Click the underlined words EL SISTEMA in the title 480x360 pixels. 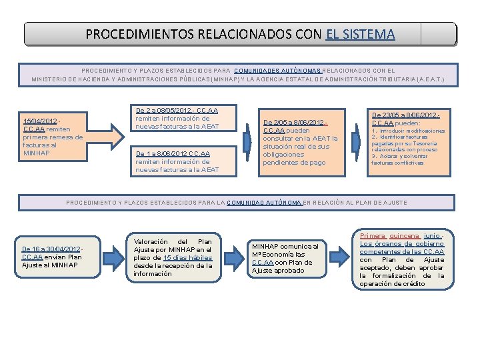361,34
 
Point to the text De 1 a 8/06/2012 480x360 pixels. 159,153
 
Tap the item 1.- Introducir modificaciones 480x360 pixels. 407,131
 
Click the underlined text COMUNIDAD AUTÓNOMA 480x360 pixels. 265,202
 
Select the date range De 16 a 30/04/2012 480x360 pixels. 51,249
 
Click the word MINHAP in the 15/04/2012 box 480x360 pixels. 35,153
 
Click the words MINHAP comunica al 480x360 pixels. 284,246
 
